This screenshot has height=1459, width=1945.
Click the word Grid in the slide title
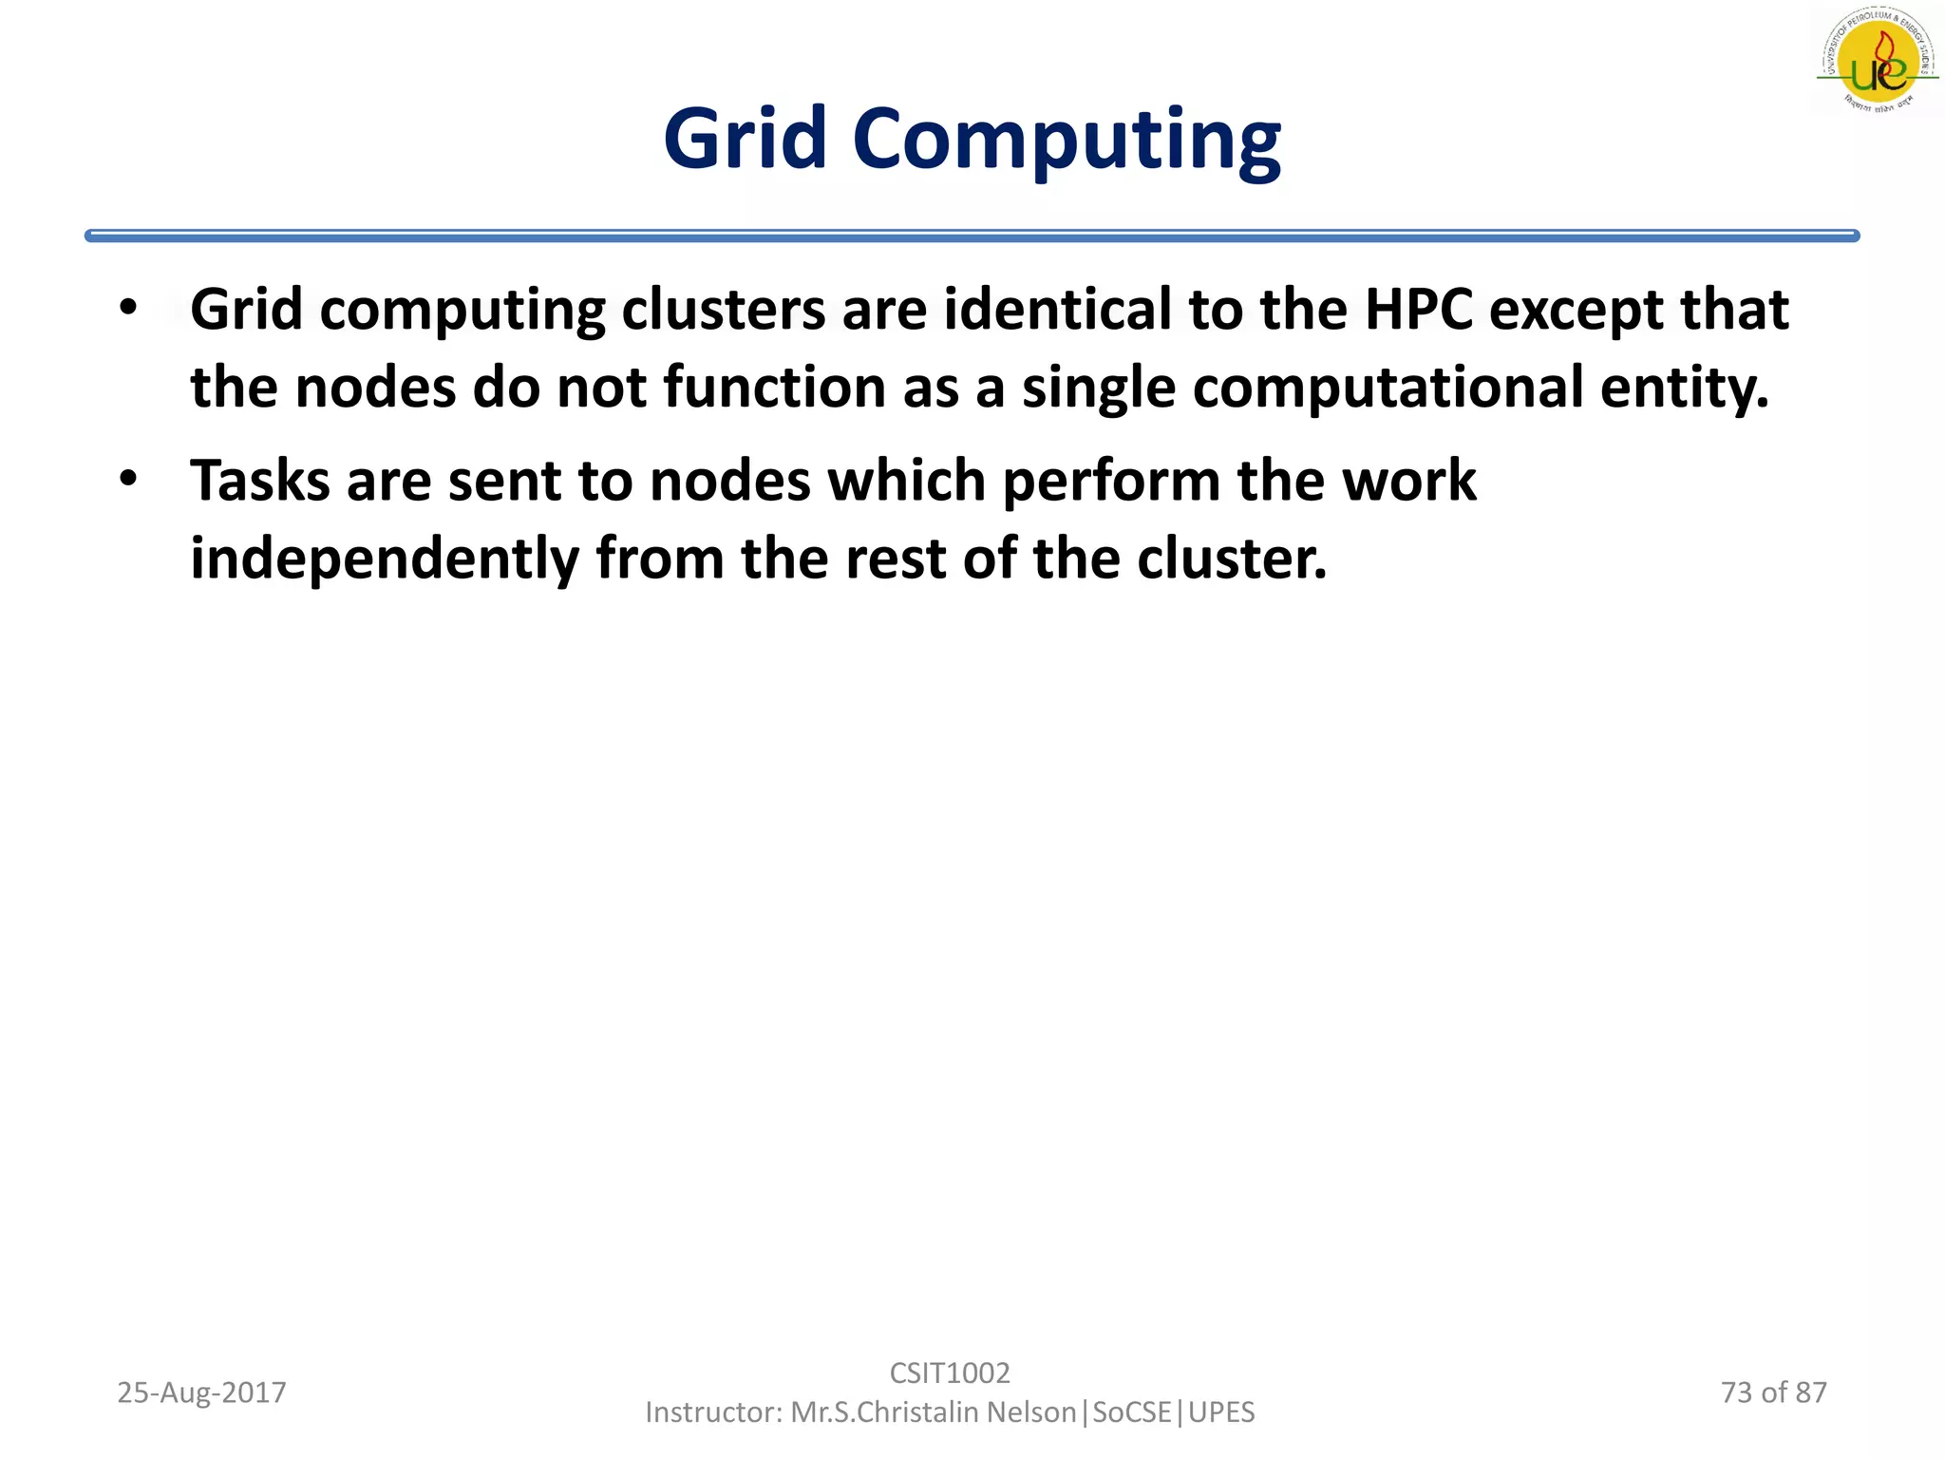(746, 140)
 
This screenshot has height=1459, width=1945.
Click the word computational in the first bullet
(1388, 388)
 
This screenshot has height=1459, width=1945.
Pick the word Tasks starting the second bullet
(259, 481)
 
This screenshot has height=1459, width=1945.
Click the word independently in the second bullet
(385, 559)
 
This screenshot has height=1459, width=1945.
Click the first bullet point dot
(129, 308)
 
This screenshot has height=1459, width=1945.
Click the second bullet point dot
(129, 479)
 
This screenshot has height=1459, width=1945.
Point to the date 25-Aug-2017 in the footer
(201, 1393)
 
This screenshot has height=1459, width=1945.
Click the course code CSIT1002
(950, 1373)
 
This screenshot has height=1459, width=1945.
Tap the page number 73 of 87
(1773, 1393)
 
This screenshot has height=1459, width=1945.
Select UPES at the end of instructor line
(1221, 1412)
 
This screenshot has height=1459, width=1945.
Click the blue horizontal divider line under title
(972, 236)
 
